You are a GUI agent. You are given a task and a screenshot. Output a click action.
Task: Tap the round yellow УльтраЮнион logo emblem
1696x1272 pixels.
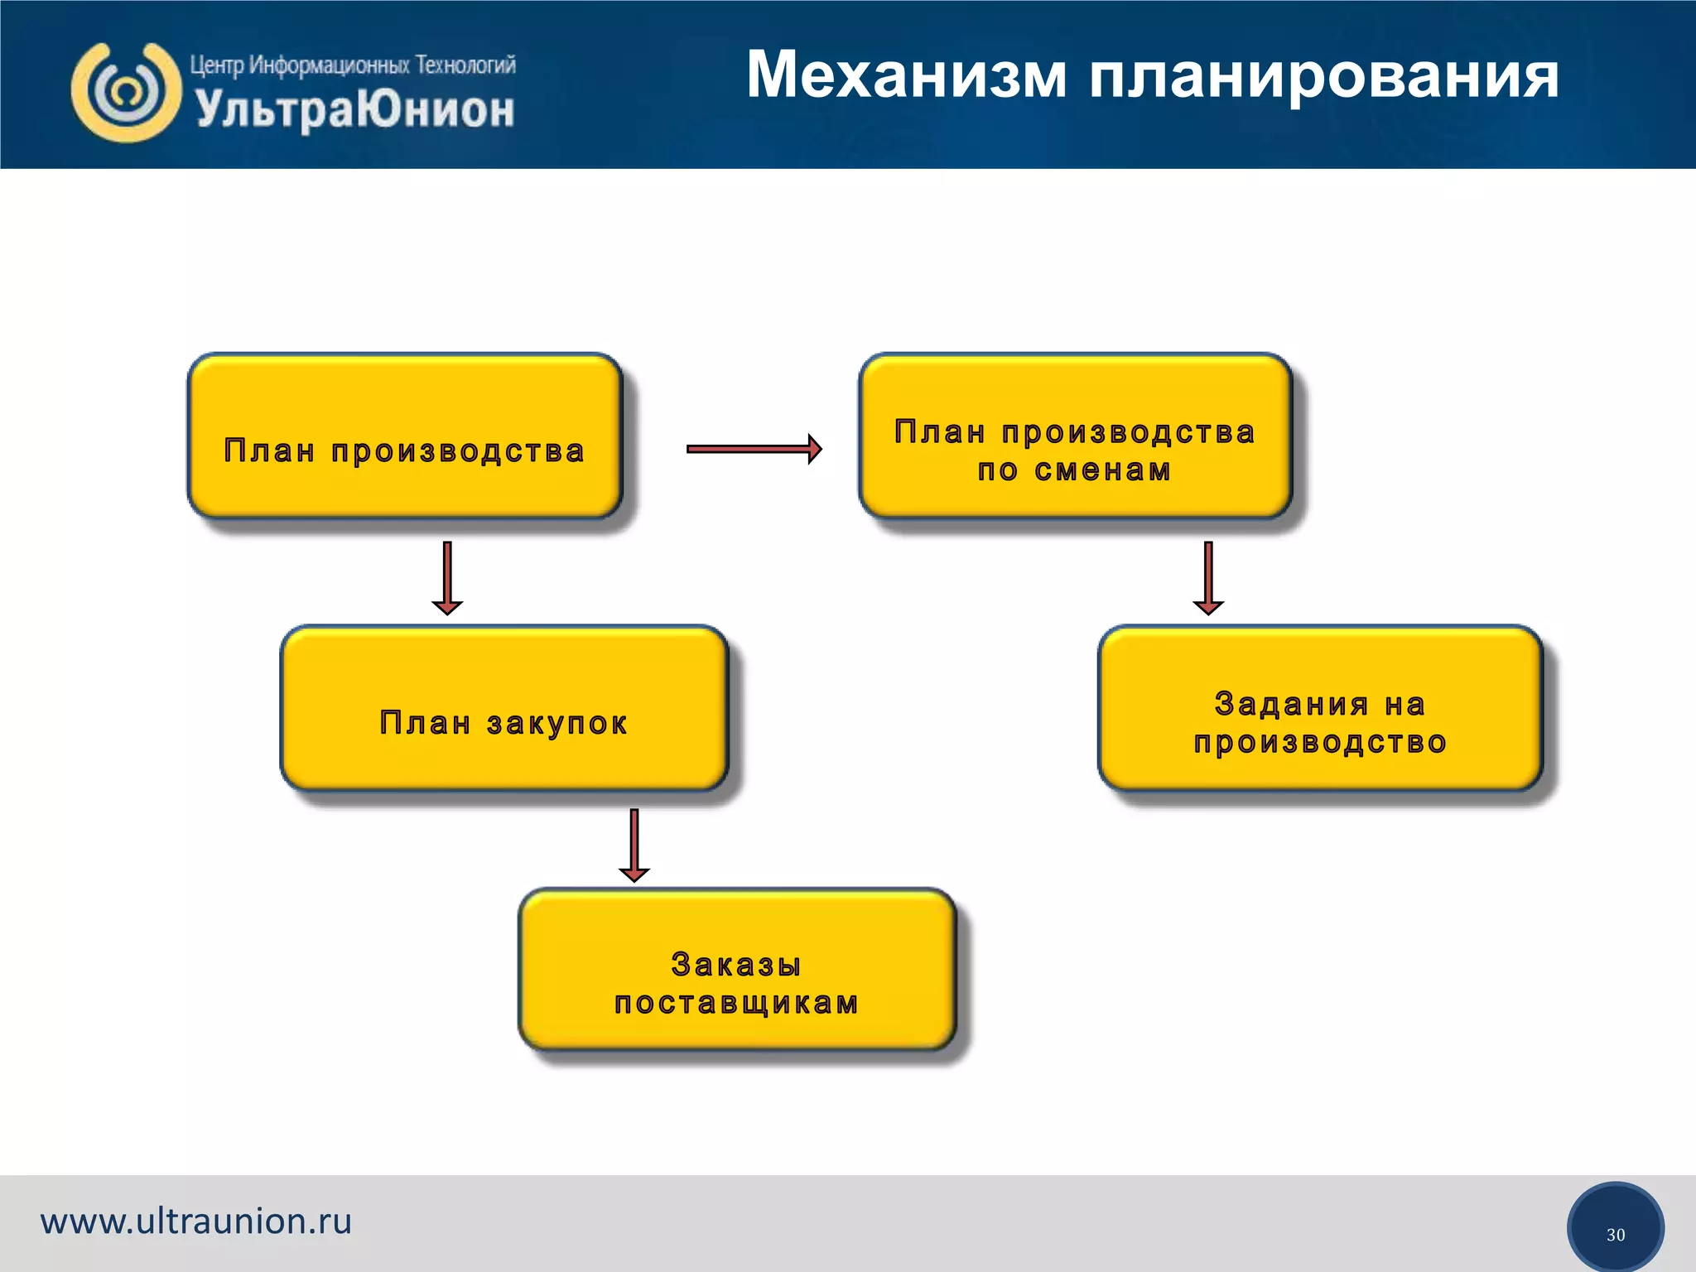126,93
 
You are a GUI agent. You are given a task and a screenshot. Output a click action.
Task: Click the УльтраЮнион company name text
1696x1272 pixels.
354,109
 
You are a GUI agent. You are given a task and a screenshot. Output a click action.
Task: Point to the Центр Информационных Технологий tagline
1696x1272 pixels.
353,65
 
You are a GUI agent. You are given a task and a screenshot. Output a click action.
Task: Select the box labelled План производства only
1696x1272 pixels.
404,436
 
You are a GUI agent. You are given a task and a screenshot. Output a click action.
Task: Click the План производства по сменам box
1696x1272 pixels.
1075,436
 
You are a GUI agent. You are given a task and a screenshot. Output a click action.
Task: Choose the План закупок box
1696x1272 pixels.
503,708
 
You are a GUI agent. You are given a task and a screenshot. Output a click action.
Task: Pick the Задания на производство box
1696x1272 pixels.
1320,708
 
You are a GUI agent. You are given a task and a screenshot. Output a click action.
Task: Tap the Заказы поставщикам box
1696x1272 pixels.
737,970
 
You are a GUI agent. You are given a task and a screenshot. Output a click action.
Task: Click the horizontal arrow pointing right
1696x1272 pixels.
754,449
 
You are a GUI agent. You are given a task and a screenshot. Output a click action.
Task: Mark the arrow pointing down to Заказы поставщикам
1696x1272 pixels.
634,845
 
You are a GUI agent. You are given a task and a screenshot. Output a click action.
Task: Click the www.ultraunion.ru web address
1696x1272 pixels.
196,1221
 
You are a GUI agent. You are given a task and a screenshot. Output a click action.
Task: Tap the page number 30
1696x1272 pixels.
1615,1235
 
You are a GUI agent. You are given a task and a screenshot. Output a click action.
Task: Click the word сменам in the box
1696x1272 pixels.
1103,470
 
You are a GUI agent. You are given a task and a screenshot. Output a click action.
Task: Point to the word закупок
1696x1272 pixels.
557,724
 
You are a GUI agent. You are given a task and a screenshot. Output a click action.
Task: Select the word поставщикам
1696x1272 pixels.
737,1004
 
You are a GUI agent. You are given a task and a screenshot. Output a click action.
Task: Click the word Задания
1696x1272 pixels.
1291,704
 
